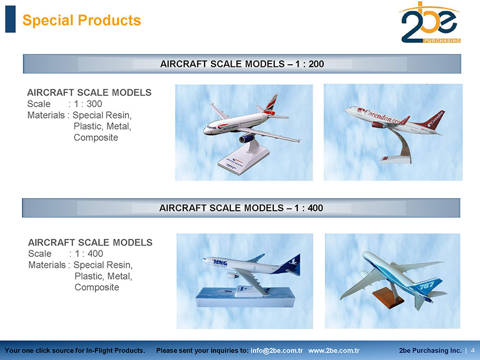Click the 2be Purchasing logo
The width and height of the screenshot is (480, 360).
430,22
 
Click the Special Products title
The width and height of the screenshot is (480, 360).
81,20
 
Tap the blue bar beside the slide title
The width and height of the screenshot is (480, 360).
10,19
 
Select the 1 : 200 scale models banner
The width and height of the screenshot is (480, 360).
242,64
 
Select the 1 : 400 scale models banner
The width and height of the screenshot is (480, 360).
241,208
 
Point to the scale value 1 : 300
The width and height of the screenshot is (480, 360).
88,104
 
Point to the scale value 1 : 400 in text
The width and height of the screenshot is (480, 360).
89,254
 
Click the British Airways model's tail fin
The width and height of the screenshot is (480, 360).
271,104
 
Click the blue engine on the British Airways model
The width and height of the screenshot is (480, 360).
247,139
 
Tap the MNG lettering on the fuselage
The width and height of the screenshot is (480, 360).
220,263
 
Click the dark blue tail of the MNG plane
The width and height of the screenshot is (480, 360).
288,265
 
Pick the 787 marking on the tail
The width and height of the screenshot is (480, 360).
427,285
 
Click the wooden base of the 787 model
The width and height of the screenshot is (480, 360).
388,298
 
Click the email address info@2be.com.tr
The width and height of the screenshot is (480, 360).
276,351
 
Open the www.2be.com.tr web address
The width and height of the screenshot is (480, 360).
334,351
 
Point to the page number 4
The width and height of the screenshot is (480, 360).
473,351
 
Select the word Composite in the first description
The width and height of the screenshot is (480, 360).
96,137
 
